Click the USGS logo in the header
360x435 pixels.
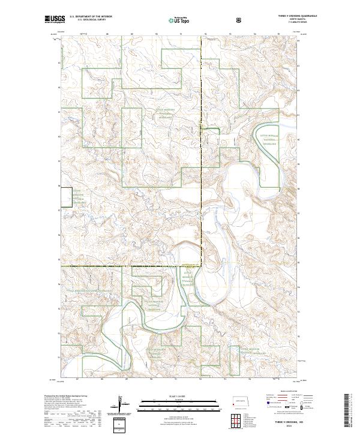pyautogui.click(x=55, y=20)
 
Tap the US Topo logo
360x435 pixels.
pyautogui.click(x=173, y=20)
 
